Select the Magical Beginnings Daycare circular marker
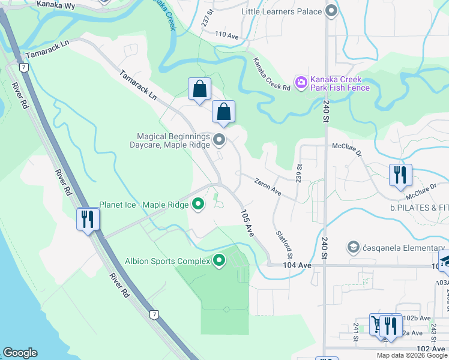pos(219,141)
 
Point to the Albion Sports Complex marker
pos(219,260)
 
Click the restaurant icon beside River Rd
pos(88,219)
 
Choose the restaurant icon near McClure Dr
pos(400,175)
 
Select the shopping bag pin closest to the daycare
pos(223,112)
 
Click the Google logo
pos(20,353)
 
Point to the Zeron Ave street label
pos(267,187)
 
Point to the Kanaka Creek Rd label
pos(271,74)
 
